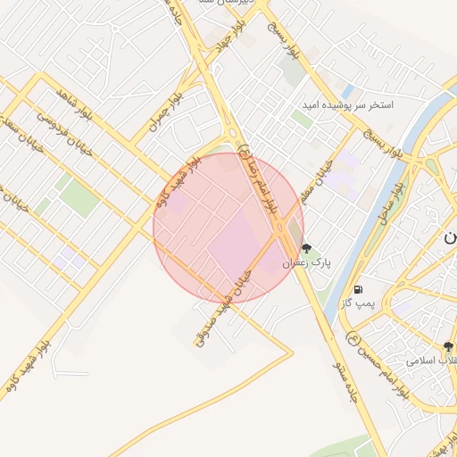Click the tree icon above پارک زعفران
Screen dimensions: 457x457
point(307,249)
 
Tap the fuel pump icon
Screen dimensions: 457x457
point(358,289)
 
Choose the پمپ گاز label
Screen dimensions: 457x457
point(357,303)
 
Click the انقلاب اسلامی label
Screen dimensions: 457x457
point(432,361)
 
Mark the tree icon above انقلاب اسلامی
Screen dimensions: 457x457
point(449,346)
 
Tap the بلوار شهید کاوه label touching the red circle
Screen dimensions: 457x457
point(176,184)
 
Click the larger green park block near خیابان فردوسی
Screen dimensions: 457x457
point(81,202)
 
